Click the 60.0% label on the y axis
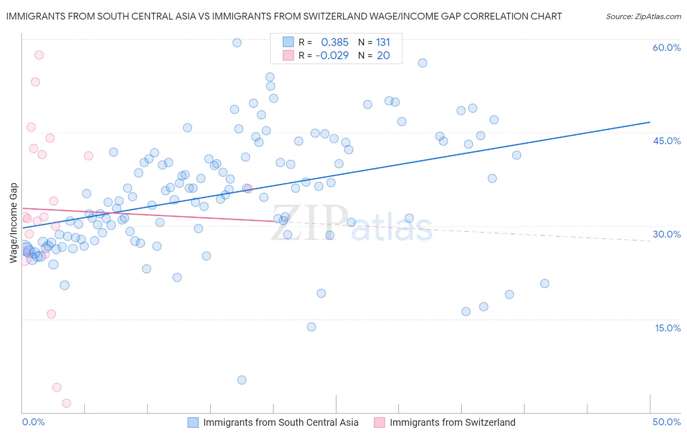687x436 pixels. click(x=666, y=47)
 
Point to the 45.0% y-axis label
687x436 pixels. click(x=666, y=141)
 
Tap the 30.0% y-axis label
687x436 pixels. click(x=666, y=234)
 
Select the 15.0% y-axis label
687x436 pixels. click(x=667, y=328)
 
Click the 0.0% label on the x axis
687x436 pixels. click(x=33, y=422)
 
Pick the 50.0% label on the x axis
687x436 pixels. click(x=666, y=422)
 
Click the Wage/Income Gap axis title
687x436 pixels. click(x=14, y=223)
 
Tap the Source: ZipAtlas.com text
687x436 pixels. click(x=643, y=16)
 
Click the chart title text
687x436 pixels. click(x=284, y=16)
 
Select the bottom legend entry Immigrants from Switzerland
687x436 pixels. click(x=452, y=422)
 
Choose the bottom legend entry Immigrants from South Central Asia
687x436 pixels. click(x=280, y=422)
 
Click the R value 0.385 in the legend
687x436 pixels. click(x=335, y=42)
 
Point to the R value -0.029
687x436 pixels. click(x=332, y=55)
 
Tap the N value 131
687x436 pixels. click(x=383, y=42)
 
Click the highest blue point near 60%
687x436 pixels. click(x=237, y=43)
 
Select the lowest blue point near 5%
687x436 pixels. click(x=241, y=380)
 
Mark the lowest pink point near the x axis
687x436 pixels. click(x=66, y=403)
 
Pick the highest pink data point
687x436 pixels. click(x=39, y=55)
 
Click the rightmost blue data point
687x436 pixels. click(x=545, y=283)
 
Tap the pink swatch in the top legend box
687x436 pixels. click(x=288, y=55)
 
